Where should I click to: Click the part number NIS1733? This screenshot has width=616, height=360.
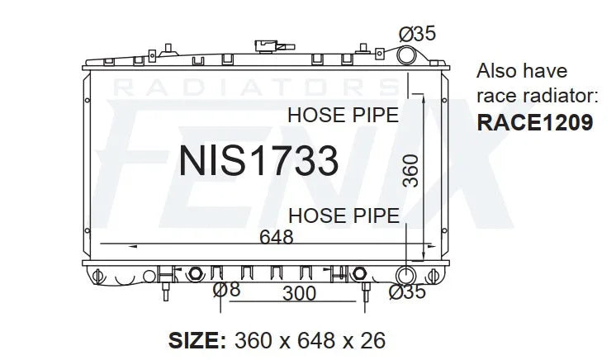258,160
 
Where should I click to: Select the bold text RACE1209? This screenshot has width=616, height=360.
535,122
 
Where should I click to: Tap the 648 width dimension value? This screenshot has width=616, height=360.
276,237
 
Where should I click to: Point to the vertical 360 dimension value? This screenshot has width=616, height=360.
411,171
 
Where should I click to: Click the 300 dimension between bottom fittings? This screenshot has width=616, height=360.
299,293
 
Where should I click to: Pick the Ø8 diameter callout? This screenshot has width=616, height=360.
226,290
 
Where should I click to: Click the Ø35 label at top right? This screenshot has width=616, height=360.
417,33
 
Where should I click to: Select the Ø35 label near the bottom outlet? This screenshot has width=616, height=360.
407,291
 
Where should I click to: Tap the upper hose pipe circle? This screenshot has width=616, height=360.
405,55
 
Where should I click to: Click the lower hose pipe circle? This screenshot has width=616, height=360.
405,274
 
